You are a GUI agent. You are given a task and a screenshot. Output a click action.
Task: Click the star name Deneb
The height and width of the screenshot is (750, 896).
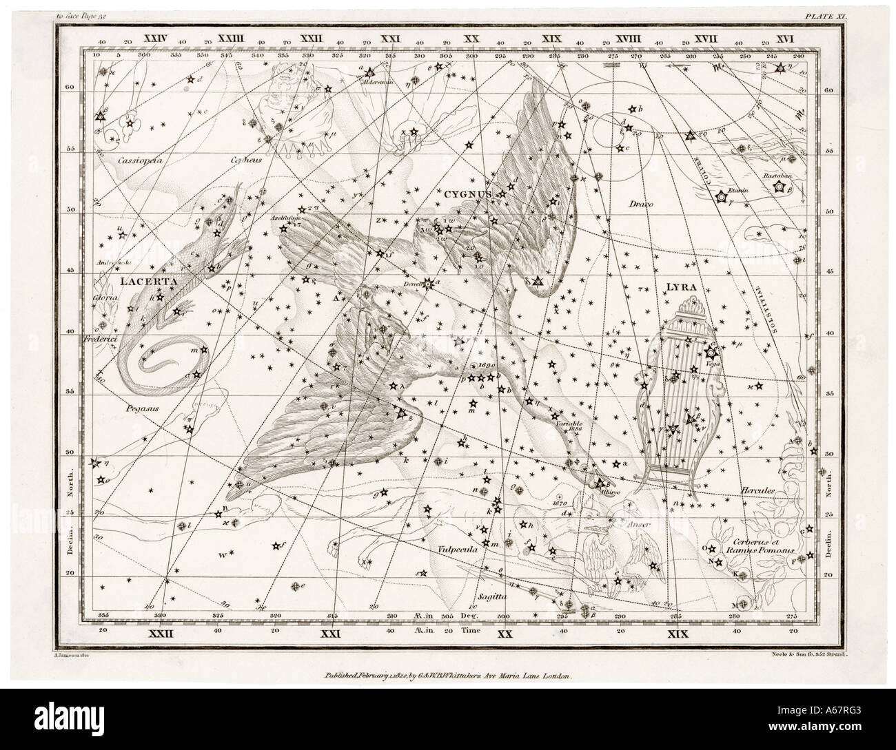[x=413, y=281]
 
